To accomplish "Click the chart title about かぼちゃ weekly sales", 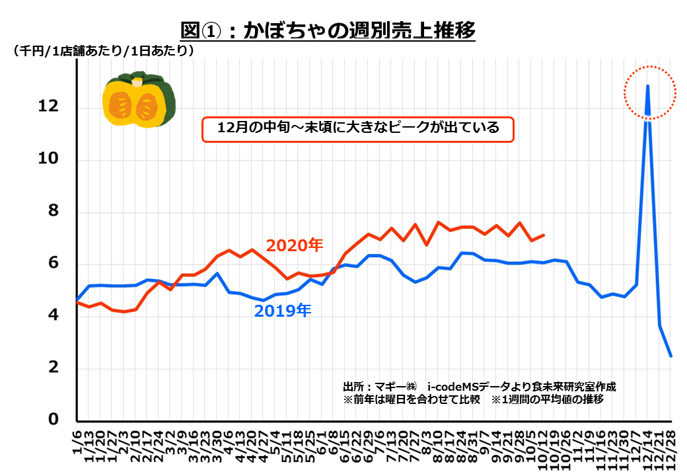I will [x=328, y=30].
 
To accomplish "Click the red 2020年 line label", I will [x=294, y=245].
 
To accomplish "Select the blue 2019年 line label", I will [x=283, y=311].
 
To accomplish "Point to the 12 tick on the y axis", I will [x=49, y=106].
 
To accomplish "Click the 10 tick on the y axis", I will [x=49, y=159].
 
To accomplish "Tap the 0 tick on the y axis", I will [x=53, y=420].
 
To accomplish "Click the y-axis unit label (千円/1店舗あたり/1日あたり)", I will [x=102, y=51].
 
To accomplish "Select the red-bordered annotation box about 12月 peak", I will [x=357, y=128].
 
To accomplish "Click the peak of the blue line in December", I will [x=647, y=86].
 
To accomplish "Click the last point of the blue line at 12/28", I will [x=671, y=356].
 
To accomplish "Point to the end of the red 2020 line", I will [x=544, y=235].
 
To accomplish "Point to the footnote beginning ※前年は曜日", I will [x=472, y=400].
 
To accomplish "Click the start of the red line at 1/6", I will [x=77, y=302].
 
